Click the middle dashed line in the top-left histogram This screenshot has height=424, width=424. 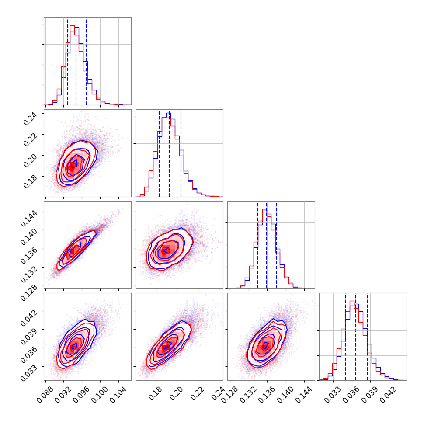(x=76, y=61)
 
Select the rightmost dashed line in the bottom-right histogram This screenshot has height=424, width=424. (x=368, y=337)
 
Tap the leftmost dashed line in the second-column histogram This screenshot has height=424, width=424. (x=159, y=153)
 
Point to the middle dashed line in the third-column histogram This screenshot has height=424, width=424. (x=267, y=245)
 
